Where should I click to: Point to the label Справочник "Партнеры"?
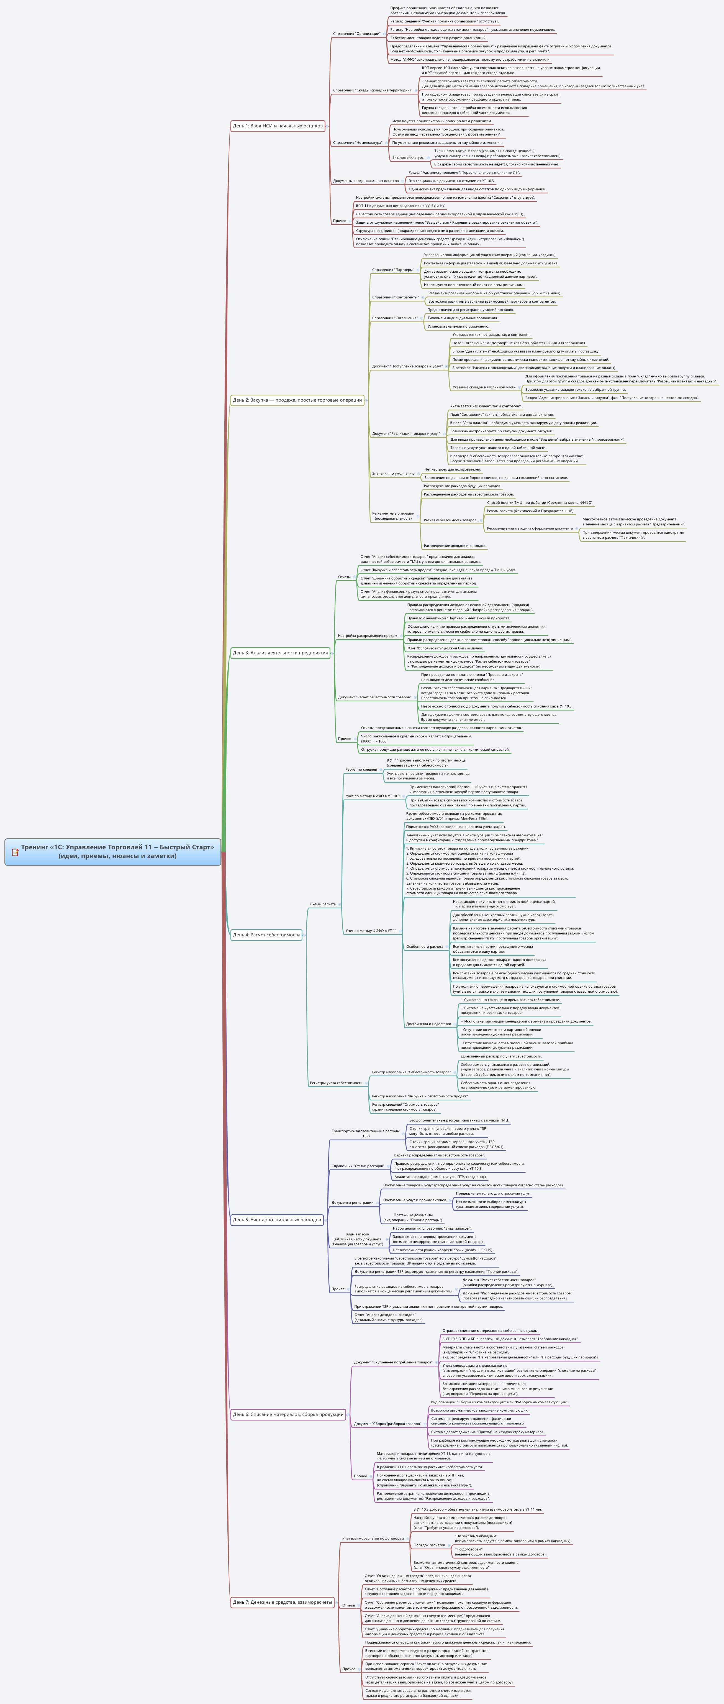click(393, 270)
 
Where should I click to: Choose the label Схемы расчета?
click(323, 904)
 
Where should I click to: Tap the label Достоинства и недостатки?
click(428, 1024)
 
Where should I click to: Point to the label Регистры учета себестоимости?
click(336, 1083)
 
